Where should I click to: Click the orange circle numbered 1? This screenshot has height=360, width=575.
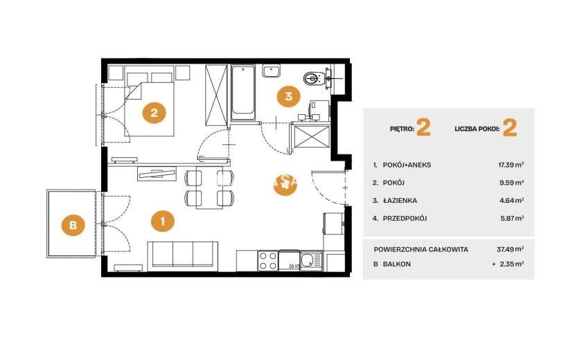pos(163,221)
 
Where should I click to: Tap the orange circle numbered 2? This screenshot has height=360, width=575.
pos(154,113)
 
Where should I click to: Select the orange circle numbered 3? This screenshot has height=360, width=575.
pos(289,96)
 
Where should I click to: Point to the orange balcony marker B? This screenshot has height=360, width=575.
pos(73,224)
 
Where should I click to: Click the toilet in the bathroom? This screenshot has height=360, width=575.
pos(314,78)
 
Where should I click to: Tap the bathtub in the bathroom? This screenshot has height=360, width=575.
pos(242,92)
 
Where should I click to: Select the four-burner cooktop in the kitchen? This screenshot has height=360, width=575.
pos(268,260)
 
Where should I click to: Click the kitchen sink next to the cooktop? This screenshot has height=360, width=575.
pos(311,261)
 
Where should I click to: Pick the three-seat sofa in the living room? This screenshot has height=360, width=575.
pos(183,254)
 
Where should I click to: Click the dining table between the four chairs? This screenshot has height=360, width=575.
pos(209,188)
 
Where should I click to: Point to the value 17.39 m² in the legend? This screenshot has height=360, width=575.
pos(511,165)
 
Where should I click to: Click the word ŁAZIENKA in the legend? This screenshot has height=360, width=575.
pos(400,201)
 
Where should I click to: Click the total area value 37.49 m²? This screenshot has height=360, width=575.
pos(510,249)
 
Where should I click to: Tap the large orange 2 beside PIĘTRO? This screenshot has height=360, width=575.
pos(423,127)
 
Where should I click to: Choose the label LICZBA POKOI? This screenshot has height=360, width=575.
pos(477,129)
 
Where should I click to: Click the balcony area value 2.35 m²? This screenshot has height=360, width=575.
pos(511,264)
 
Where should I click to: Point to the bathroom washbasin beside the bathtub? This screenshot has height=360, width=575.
pos(271,71)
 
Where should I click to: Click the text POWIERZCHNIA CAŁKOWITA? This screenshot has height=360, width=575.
pos(421,250)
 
